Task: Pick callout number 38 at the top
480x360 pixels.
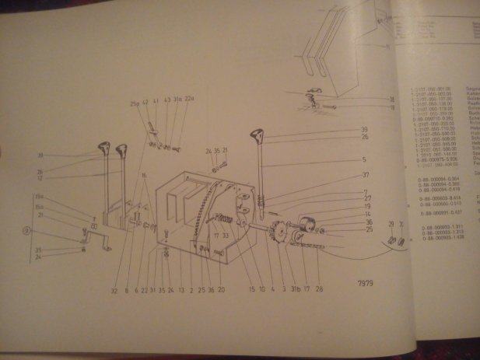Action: [391, 100]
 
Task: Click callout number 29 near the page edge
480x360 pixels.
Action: [391, 223]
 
